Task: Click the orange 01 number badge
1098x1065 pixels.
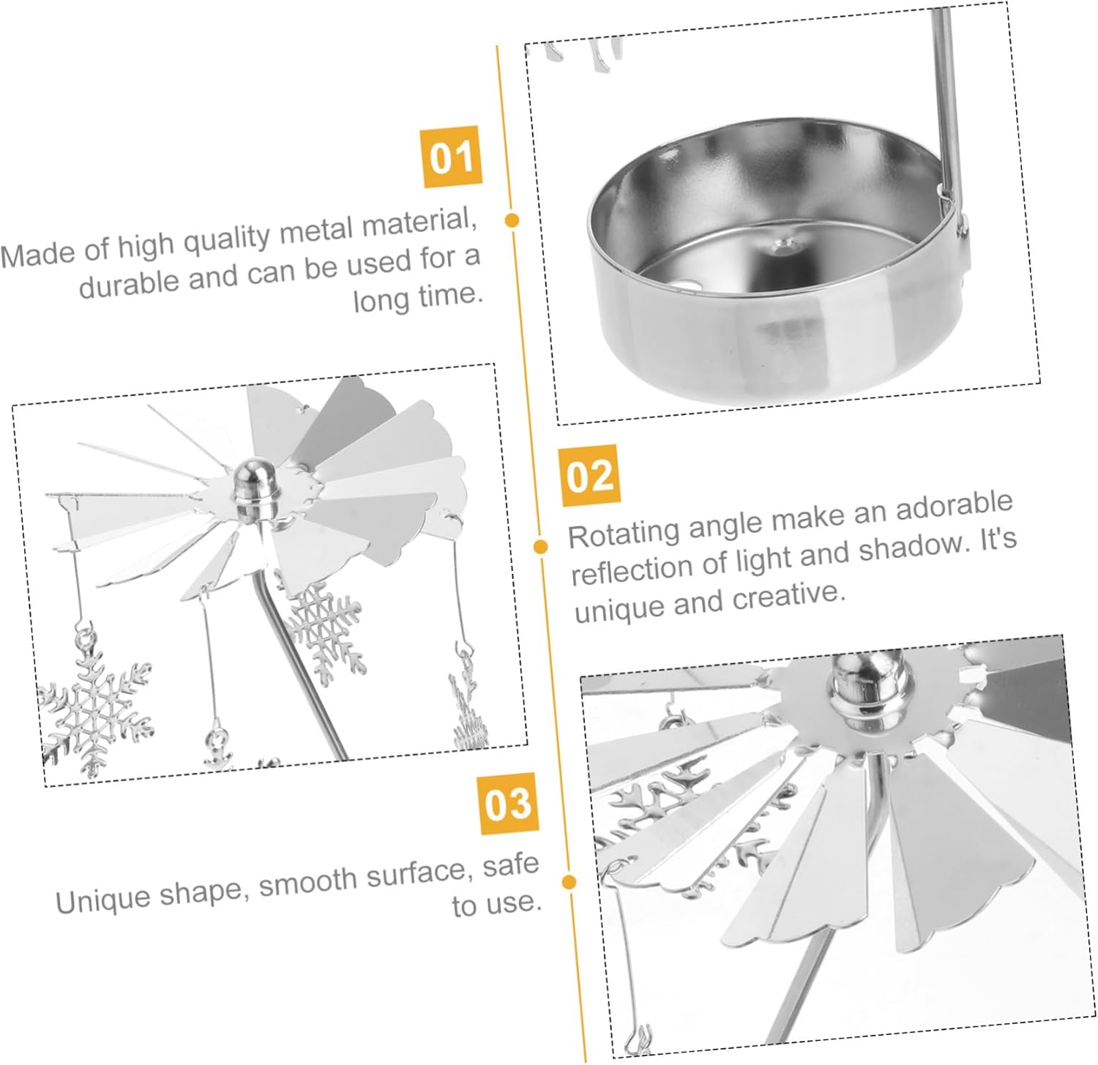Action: (452, 156)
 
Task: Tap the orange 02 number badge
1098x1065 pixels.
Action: (589, 475)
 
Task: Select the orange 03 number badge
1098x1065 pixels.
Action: (507, 803)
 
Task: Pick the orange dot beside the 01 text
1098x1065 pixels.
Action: (512, 220)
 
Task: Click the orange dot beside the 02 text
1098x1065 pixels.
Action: (541, 546)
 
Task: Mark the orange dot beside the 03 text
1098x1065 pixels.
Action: (569, 882)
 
